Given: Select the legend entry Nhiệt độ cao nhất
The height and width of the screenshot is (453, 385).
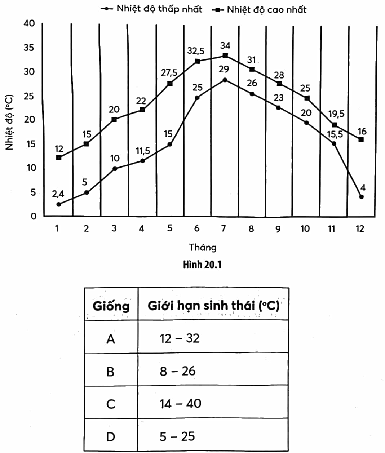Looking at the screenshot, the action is coord(260,10).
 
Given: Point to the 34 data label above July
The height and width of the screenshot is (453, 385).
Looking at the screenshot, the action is coord(225,45).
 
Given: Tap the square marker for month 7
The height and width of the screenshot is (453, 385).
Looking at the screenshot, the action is coord(225,55).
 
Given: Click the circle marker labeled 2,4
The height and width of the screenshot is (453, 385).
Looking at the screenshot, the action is coord(58,204).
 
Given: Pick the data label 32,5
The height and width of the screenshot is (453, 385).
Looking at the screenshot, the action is coord(196,51).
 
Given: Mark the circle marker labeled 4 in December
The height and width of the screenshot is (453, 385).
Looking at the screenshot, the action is coord(362,197).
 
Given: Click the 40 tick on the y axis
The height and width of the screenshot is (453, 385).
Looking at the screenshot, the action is coord(29,23).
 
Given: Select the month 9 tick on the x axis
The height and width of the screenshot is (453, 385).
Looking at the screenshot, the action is coord(278,229).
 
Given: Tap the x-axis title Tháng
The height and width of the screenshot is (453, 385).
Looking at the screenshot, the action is coord(203,248).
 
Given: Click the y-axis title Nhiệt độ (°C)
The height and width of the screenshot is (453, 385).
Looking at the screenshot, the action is coord(9,122).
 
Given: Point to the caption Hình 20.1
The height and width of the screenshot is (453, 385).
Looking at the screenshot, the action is coord(202,265).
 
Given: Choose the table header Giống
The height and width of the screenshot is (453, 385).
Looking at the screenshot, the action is coord(111,306).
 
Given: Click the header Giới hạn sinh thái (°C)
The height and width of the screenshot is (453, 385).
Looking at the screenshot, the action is coord(213,305).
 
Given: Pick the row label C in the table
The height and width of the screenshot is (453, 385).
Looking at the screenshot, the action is coord(111,404).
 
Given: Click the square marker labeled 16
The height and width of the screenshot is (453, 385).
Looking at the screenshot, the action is coord(361,139).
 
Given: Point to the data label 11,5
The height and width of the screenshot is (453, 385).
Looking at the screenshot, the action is coord(143,151).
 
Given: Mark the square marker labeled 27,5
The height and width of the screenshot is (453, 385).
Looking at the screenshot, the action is coord(170,84).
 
